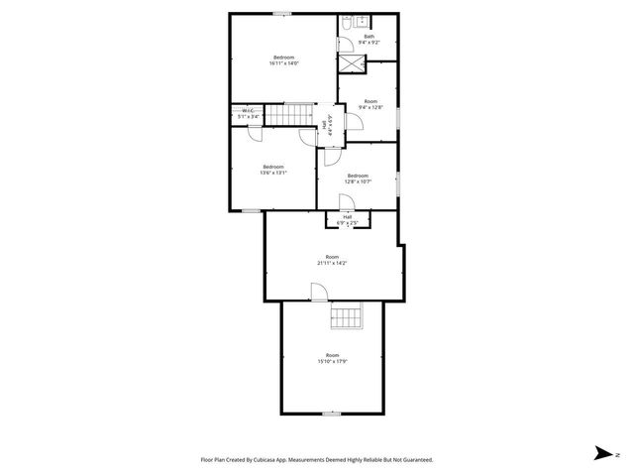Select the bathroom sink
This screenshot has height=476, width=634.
pyautogui.click(x=363, y=20)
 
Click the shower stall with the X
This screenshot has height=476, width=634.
pyautogui.click(x=352, y=62)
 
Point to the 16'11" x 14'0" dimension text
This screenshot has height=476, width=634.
pyautogui.click(x=285, y=62)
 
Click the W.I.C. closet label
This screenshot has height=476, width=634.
pyautogui.click(x=248, y=111)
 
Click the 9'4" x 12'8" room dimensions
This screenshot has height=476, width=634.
pyautogui.click(x=370, y=107)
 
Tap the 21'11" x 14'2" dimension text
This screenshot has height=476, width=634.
pyautogui.click(x=332, y=263)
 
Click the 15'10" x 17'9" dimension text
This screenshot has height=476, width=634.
pyautogui.click(x=333, y=361)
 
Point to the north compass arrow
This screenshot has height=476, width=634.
pyautogui.click(x=601, y=453)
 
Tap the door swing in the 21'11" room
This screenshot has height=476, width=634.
pyautogui.click(x=319, y=292)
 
